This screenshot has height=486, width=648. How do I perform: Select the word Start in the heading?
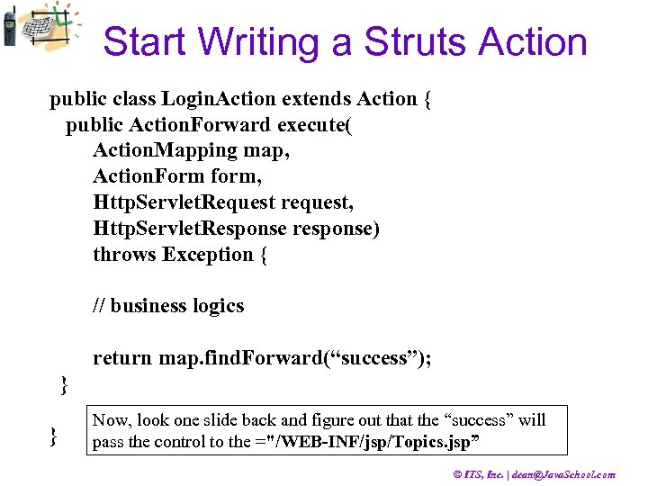pos(145,42)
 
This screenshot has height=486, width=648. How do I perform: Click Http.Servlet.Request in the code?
pos(184,203)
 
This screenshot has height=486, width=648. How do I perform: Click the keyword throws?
pos(124,255)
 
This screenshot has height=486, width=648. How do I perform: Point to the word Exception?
pos(208,255)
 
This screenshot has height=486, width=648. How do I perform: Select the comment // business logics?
pos(168,306)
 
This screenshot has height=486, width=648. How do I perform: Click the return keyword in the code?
pos(122,358)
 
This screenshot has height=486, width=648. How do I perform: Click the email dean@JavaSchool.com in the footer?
pos(563,474)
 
